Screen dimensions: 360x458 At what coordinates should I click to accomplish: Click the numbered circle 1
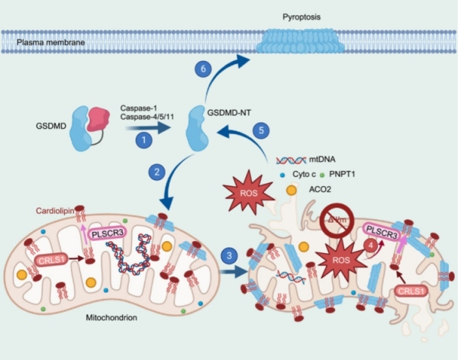(x=141, y=140)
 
